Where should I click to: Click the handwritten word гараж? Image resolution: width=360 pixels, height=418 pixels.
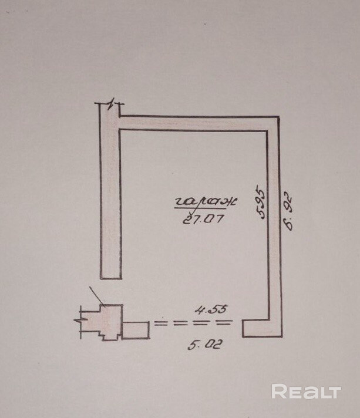point(205,201)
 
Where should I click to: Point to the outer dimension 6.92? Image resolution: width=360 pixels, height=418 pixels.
point(288,208)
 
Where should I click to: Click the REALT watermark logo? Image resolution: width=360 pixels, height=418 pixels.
point(306,392)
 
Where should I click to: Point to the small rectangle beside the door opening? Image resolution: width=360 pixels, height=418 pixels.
point(136,330)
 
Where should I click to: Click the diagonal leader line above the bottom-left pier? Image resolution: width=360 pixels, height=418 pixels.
point(96,295)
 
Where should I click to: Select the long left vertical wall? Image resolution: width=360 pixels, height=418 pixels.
point(110,194)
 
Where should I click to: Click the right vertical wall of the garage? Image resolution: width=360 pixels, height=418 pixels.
point(274,223)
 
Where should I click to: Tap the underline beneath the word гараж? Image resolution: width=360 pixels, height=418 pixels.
point(200,208)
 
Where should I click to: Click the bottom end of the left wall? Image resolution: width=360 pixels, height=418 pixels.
point(110,276)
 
